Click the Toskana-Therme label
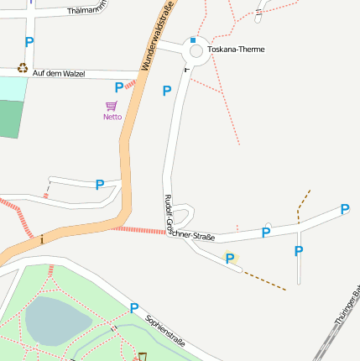point(236,50)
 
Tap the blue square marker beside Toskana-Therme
point(192,39)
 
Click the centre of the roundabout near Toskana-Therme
point(196,52)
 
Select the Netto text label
point(112,117)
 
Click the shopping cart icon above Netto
point(112,107)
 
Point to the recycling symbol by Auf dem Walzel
point(23,68)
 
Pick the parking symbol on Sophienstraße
point(133,308)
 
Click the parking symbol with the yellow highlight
point(230,259)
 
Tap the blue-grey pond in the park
point(56,320)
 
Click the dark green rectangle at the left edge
point(8,119)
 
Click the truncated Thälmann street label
point(67,11)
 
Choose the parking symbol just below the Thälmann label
point(29,42)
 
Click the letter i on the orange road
point(42,240)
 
